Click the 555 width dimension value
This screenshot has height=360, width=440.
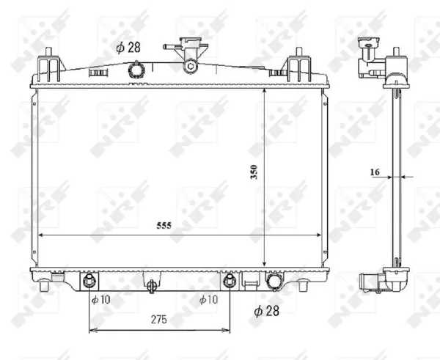(164, 225)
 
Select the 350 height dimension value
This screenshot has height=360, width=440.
(254, 172)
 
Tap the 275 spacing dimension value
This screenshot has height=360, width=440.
(159, 320)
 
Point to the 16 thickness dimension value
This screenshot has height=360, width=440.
(375, 172)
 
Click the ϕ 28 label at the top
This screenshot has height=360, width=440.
(128, 48)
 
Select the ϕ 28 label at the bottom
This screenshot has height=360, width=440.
(267, 311)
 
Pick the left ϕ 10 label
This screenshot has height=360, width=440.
(101, 300)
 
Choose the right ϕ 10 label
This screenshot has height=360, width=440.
(208, 300)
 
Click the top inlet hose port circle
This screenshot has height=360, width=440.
(136, 70)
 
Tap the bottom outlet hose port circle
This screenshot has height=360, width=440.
(275, 282)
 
